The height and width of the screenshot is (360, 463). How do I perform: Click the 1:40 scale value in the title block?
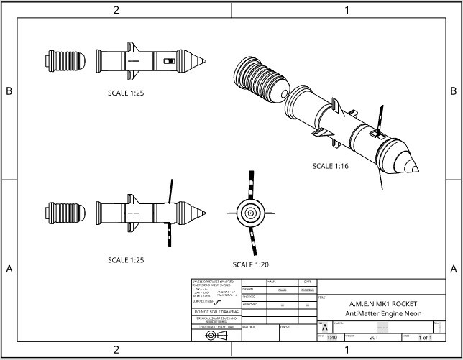coord(331,337)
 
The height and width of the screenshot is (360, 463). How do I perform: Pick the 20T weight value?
coord(373,337)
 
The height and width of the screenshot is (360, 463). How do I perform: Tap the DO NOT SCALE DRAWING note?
coord(216,312)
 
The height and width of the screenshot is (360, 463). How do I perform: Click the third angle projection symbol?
coord(216,335)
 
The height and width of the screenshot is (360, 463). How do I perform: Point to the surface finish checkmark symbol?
coord(219,303)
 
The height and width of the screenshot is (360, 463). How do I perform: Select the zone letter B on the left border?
coord(9,91)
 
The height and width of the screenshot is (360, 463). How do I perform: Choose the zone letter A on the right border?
coord(454,269)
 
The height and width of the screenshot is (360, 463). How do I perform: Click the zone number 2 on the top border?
coord(116,9)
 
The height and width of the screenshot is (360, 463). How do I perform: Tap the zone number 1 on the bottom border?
coord(347,350)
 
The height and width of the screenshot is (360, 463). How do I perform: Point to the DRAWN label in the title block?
coord(249,289)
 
